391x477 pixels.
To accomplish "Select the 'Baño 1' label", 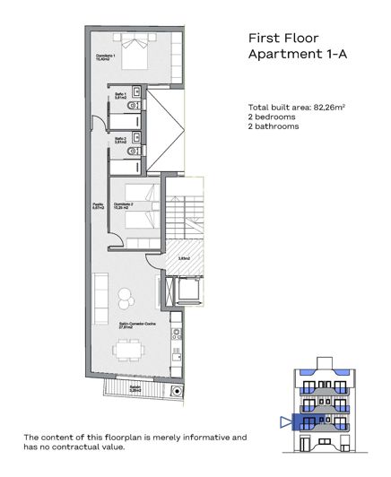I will tap(120, 93).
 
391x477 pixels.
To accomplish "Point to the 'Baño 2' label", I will tap(120, 139).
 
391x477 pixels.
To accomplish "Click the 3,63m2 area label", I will tap(184, 258).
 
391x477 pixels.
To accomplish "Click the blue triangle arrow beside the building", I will tap(286, 421).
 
